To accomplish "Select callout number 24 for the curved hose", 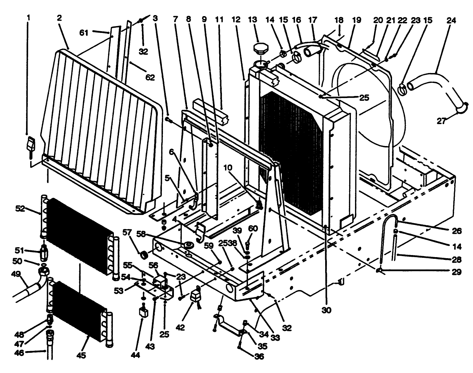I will coord(451,20).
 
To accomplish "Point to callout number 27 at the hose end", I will coord(442,121).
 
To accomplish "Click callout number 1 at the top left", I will coord(28,17).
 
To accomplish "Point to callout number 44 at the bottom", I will coord(135,356).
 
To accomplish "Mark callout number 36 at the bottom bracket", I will coord(259,356).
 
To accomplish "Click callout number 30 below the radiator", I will coord(326,310).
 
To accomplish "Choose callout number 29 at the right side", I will coord(457,272).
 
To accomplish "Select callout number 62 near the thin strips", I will coord(150,78).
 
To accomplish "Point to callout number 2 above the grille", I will coord(59,18).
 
